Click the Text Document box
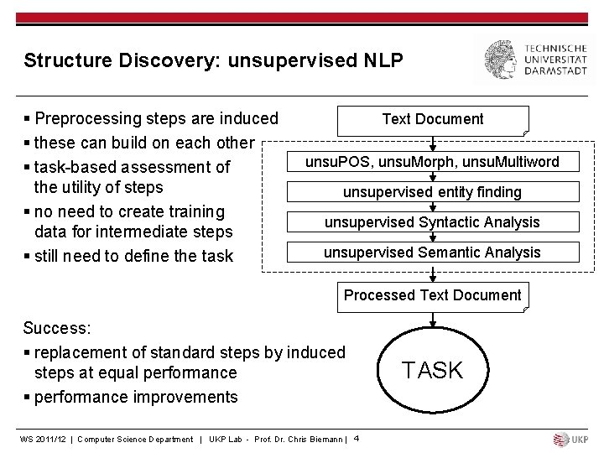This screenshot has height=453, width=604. [433, 120]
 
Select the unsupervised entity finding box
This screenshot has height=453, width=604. [432, 192]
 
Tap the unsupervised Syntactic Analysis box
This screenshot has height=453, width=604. [432, 222]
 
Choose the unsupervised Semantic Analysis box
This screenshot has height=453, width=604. [432, 253]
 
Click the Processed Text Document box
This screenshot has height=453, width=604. [433, 296]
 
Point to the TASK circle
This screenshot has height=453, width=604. [432, 370]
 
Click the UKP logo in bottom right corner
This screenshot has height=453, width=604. [571, 440]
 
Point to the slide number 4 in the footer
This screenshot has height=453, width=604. [357, 438]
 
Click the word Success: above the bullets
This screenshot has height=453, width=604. [57, 328]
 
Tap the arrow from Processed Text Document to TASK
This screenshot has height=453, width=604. [433, 320]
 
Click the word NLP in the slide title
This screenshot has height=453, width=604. [382, 60]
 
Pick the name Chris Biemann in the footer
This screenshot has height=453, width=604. [315, 440]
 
